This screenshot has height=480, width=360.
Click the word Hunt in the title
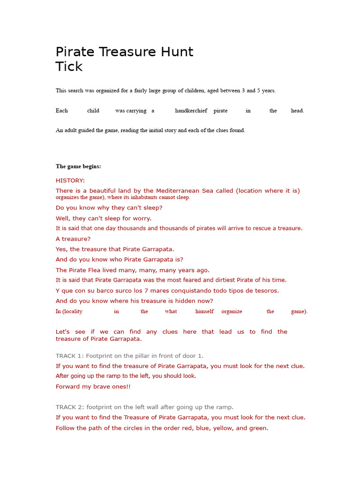click(x=176, y=52)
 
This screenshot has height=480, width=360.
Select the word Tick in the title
click(x=69, y=67)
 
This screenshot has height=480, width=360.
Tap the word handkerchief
click(x=191, y=111)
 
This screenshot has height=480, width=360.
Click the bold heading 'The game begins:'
click(x=78, y=166)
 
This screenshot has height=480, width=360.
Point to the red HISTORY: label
click(x=70, y=180)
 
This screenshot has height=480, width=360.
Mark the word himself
click(x=204, y=311)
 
